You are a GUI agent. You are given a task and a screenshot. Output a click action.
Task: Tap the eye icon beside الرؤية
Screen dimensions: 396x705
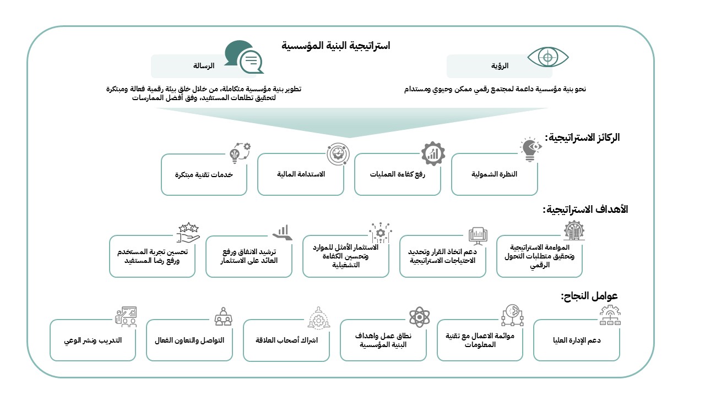[547, 57]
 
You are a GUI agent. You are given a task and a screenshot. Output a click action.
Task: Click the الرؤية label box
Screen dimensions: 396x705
[499, 66]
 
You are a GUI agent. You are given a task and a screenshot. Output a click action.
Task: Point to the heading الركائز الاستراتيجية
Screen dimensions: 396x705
[582, 137]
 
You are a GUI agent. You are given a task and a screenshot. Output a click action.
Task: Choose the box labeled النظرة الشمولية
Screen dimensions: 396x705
[494, 174]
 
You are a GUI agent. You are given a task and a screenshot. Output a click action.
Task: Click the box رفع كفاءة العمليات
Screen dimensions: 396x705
[397, 174]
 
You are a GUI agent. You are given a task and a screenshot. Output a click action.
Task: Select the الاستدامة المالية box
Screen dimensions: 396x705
[301, 174]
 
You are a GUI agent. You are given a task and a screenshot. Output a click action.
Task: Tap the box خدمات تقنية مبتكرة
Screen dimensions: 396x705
[204, 174]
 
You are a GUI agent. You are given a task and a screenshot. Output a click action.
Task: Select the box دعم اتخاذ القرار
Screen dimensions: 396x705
[443, 256]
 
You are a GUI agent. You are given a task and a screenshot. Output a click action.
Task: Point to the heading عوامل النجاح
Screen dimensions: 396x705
[589, 296]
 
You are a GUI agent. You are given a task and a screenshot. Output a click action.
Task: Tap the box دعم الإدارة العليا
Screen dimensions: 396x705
[576, 340]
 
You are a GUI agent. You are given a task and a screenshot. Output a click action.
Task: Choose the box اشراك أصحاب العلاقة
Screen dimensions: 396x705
[286, 340]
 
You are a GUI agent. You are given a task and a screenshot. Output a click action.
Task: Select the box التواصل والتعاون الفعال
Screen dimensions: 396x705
[189, 340]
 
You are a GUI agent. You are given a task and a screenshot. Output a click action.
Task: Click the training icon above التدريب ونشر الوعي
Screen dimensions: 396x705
[126, 317]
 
